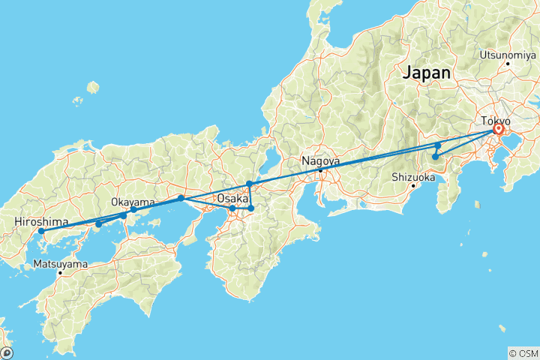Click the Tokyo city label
pyautogui.click(x=496, y=121)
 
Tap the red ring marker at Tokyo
pyautogui.click(x=498, y=130)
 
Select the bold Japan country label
pyautogui.click(x=427, y=73)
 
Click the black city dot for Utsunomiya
pyautogui.click(x=508, y=63)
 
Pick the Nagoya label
pyautogui.click(x=320, y=160)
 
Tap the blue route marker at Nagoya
pyautogui.click(x=321, y=170)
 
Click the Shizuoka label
pyautogui.click(x=413, y=177)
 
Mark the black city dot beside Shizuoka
pyautogui.click(x=412, y=185)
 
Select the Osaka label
pyautogui.click(x=232, y=198)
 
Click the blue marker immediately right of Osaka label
pyautogui.click(x=251, y=208)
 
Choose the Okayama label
pyautogui.click(x=133, y=202)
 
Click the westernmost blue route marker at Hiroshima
pyautogui.click(x=41, y=231)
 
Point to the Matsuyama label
pyautogui.click(x=60, y=264)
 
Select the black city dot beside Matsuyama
pyautogui.click(x=60, y=273)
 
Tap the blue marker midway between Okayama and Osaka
pyautogui.click(x=181, y=198)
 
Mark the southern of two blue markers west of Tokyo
pyautogui.click(x=435, y=157)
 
